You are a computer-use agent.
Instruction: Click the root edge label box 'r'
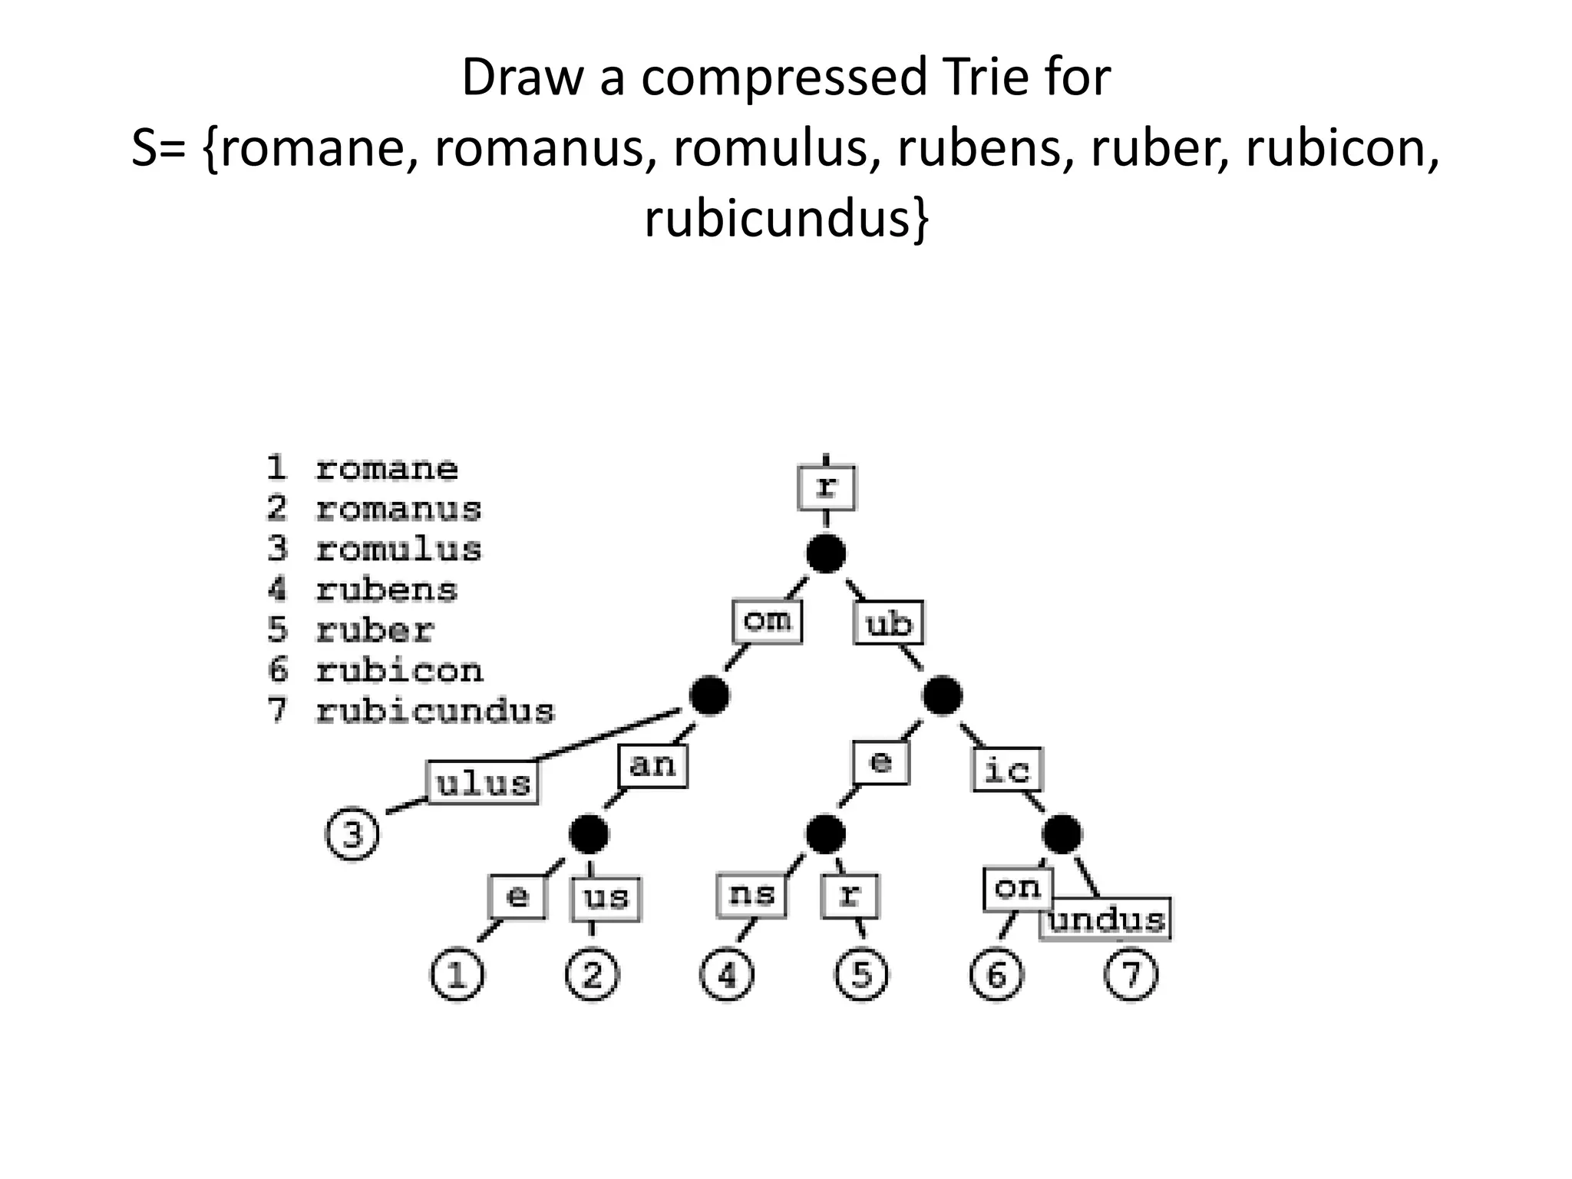tap(826, 487)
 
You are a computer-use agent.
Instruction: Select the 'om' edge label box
tap(767, 621)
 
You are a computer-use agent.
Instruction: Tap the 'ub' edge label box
tap(889, 624)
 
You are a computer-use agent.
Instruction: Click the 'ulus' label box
tap(483, 783)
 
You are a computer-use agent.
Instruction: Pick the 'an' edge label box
tap(652, 765)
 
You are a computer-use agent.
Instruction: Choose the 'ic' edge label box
tap(1007, 769)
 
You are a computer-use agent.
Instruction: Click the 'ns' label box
tap(751, 895)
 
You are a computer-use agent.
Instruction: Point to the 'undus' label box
tap(1106, 920)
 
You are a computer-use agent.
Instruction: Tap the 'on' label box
tap(1018, 888)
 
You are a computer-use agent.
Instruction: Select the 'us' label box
tap(606, 897)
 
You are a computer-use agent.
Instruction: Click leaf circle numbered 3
tap(352, 834)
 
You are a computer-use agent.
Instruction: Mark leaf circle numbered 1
tap(457, 976)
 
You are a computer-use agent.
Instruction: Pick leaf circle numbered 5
tap(861, 976)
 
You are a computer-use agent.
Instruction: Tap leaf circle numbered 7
tap(1131, 976)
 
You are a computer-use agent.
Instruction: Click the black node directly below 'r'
tap(826, 553)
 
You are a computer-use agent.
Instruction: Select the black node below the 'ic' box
tap(1062, 834)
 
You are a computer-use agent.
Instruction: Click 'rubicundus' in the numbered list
tap(434, 712)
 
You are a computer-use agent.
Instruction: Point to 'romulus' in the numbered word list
tap(398, 550)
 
